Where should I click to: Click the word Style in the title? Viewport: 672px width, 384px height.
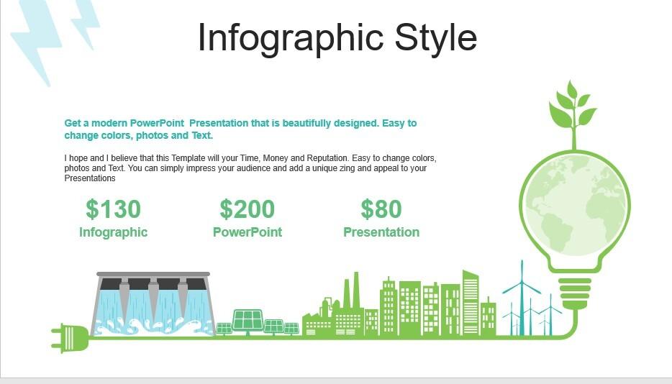coord(435,37)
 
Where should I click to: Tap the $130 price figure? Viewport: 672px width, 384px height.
coord(113,209)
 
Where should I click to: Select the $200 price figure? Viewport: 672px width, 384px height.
coord(248,209)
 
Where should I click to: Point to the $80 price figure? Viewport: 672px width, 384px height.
coord(381,209)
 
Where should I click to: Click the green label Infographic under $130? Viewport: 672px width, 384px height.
coord(113,232)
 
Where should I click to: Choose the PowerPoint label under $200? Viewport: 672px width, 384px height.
coord(248,232)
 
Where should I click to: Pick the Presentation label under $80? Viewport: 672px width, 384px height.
coord(381,232)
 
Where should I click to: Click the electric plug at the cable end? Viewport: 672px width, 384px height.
coord(71,338)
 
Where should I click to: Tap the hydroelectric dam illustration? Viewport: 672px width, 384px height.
coord(153,303)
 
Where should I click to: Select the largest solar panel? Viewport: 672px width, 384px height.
coord(248,321)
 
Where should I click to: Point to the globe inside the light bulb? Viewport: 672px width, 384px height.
coord(575,203)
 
